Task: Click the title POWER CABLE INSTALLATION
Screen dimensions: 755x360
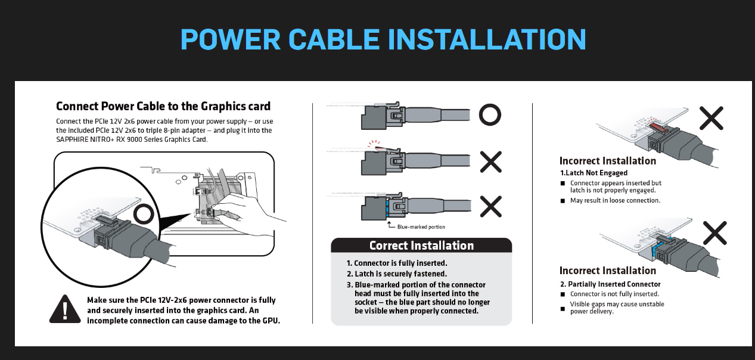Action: pyautogui.click(x=383, y=39)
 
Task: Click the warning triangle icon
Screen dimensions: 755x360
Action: pyautogui.click(x=65, y=309)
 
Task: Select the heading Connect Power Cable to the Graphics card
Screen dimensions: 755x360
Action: pyautogui.click(x=163, y=106)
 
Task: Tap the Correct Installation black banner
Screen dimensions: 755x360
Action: pyautogui.click(x=421, y=246)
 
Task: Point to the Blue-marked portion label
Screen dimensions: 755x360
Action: pyautogui.click(x=421, y=227)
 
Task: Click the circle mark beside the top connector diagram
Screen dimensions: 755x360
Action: pyautogui.click(x=490, y=114)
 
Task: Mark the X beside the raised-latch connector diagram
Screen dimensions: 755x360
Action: pyautogui.click(x=491, y=162)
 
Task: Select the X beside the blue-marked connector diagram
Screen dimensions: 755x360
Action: pyautogui.click(x=491, y=207)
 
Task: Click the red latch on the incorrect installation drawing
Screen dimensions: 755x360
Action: pyautogui.click(x=658, y=128)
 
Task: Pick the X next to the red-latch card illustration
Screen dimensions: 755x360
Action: pyautogui.click(x=711, y=118)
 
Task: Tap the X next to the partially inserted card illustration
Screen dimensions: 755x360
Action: pyautogui.click(x=715, y=233)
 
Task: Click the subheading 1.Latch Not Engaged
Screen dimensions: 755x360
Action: pyautogui.click(x=594, y=173)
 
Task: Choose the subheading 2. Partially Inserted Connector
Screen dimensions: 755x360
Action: pyautogui.click(x=610, y=284)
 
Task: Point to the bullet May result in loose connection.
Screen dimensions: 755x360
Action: pyautogui.click(x=615, y=200)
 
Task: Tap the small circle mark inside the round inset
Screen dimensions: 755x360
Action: pyautogui.click(x=144, y=214)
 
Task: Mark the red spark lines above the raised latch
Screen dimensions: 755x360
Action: pyautogui.click(x=374, y=144)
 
